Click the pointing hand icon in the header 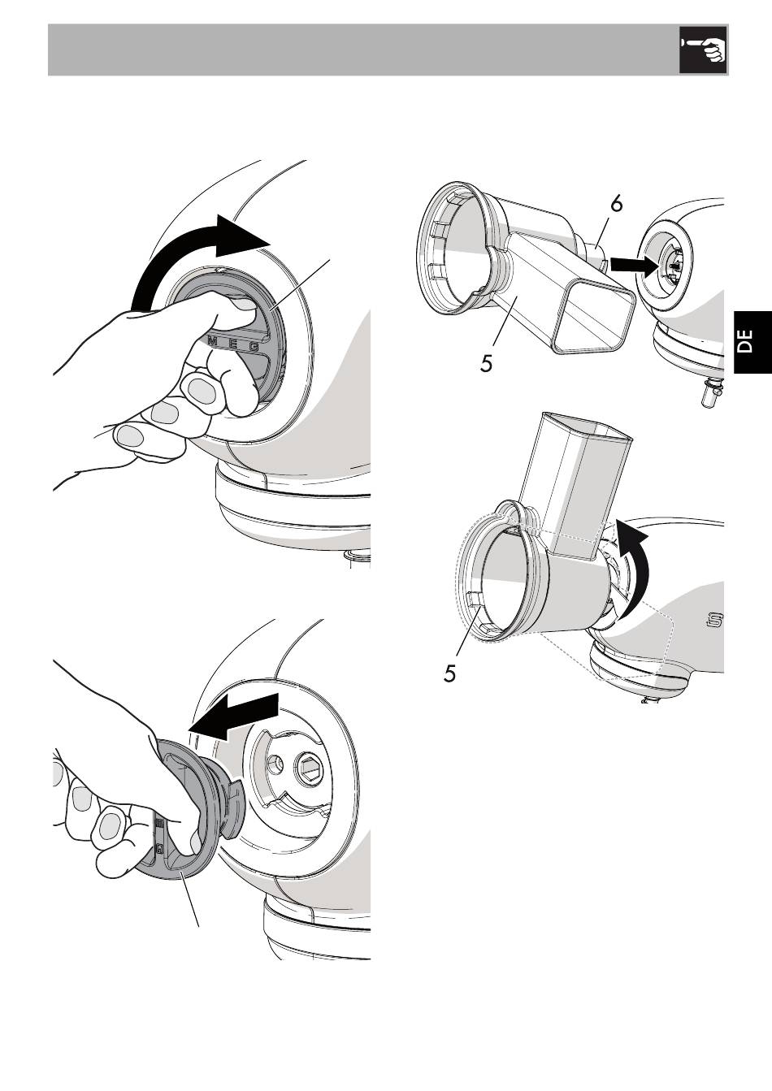pos(703,50)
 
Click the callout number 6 pos(617,205)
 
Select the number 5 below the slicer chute pos(486,362)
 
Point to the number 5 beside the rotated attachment pos(450,673)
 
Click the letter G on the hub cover pos(254,347)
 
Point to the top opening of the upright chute pos(584,426)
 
